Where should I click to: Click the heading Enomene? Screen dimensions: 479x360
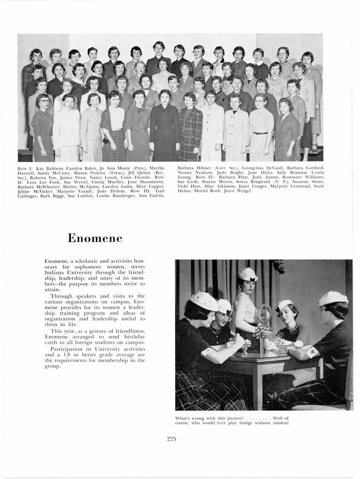tap(95, 238)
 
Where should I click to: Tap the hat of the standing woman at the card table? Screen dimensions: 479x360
tap(248, 274)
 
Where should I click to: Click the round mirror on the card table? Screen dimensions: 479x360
tap(265, 314)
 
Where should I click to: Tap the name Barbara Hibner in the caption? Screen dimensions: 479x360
tap(191, 168)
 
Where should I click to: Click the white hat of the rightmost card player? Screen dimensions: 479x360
tap(333, 298)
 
